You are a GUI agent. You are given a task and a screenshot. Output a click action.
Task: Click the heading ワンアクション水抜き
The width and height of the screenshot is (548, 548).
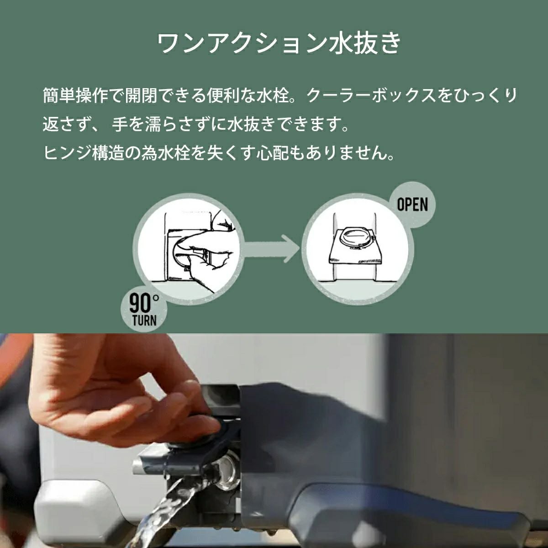tap(279, 43)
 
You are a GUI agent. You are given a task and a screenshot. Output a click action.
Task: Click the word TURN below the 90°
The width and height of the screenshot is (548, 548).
tap(144, 321)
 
